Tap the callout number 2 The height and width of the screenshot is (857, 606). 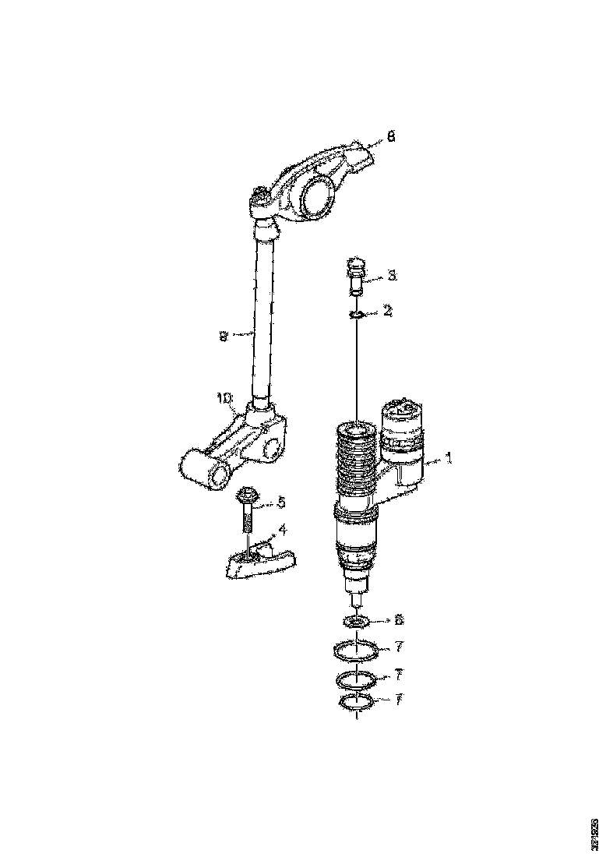point(388,311)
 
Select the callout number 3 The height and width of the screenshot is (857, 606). point(392,276)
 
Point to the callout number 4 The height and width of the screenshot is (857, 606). point(282,530)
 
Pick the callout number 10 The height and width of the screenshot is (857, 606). point(224,397)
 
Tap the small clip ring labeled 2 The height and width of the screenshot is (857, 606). point(357,314)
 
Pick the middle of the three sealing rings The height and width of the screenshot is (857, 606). point(357,679)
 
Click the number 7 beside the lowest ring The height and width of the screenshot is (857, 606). point(398,700)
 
